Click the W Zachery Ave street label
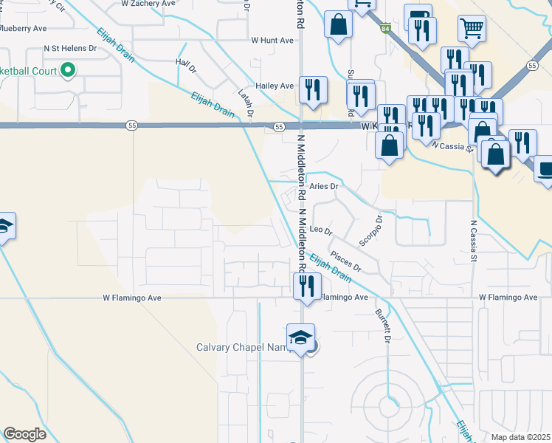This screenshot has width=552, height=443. click(148, 4)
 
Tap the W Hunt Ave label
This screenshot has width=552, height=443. click(273, 41)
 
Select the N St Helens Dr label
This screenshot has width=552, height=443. click(71, 48)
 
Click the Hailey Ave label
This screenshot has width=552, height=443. click(275, 86)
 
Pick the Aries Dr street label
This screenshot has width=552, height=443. click(323, 187)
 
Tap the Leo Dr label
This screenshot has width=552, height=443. click(322, 230)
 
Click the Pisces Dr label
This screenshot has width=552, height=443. click(345, 260)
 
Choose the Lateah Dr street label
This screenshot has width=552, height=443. click(246, 103)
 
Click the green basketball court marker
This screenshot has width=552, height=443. click(68, 72)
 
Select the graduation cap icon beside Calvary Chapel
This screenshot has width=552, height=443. click(301, 338)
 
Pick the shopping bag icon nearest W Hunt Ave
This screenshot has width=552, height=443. click(338, 24)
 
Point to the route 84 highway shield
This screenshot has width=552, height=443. click(385, 29)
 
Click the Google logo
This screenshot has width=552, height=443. click(24, 434)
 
